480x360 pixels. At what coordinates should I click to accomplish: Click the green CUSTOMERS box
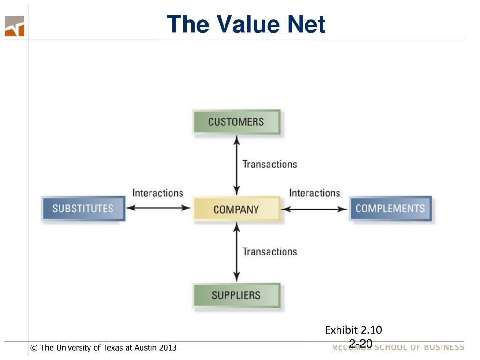pos(236,122)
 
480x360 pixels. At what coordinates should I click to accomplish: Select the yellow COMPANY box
pos(236,209)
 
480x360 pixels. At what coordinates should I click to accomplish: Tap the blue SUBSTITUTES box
pos(83,209)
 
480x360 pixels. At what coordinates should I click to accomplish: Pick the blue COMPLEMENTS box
pos(390,209)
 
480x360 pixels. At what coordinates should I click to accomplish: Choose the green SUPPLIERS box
pos(236,295)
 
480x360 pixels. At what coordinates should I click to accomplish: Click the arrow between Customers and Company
pos(237,165)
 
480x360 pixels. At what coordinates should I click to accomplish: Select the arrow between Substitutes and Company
pos(159,208)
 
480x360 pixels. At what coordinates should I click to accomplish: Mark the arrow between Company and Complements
pos(315,209)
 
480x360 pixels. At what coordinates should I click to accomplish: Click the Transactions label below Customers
pos(270,165)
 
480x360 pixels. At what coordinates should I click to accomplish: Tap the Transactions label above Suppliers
pos(270,252)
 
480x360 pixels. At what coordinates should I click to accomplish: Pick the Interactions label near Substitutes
pos(157,193)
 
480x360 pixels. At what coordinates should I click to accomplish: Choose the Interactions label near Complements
pos(315,193)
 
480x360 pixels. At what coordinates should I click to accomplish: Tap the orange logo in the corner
pos(15,26)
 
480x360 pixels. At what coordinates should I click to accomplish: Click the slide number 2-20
pos(360,344)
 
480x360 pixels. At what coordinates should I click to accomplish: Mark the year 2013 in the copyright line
pos(168,348)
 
